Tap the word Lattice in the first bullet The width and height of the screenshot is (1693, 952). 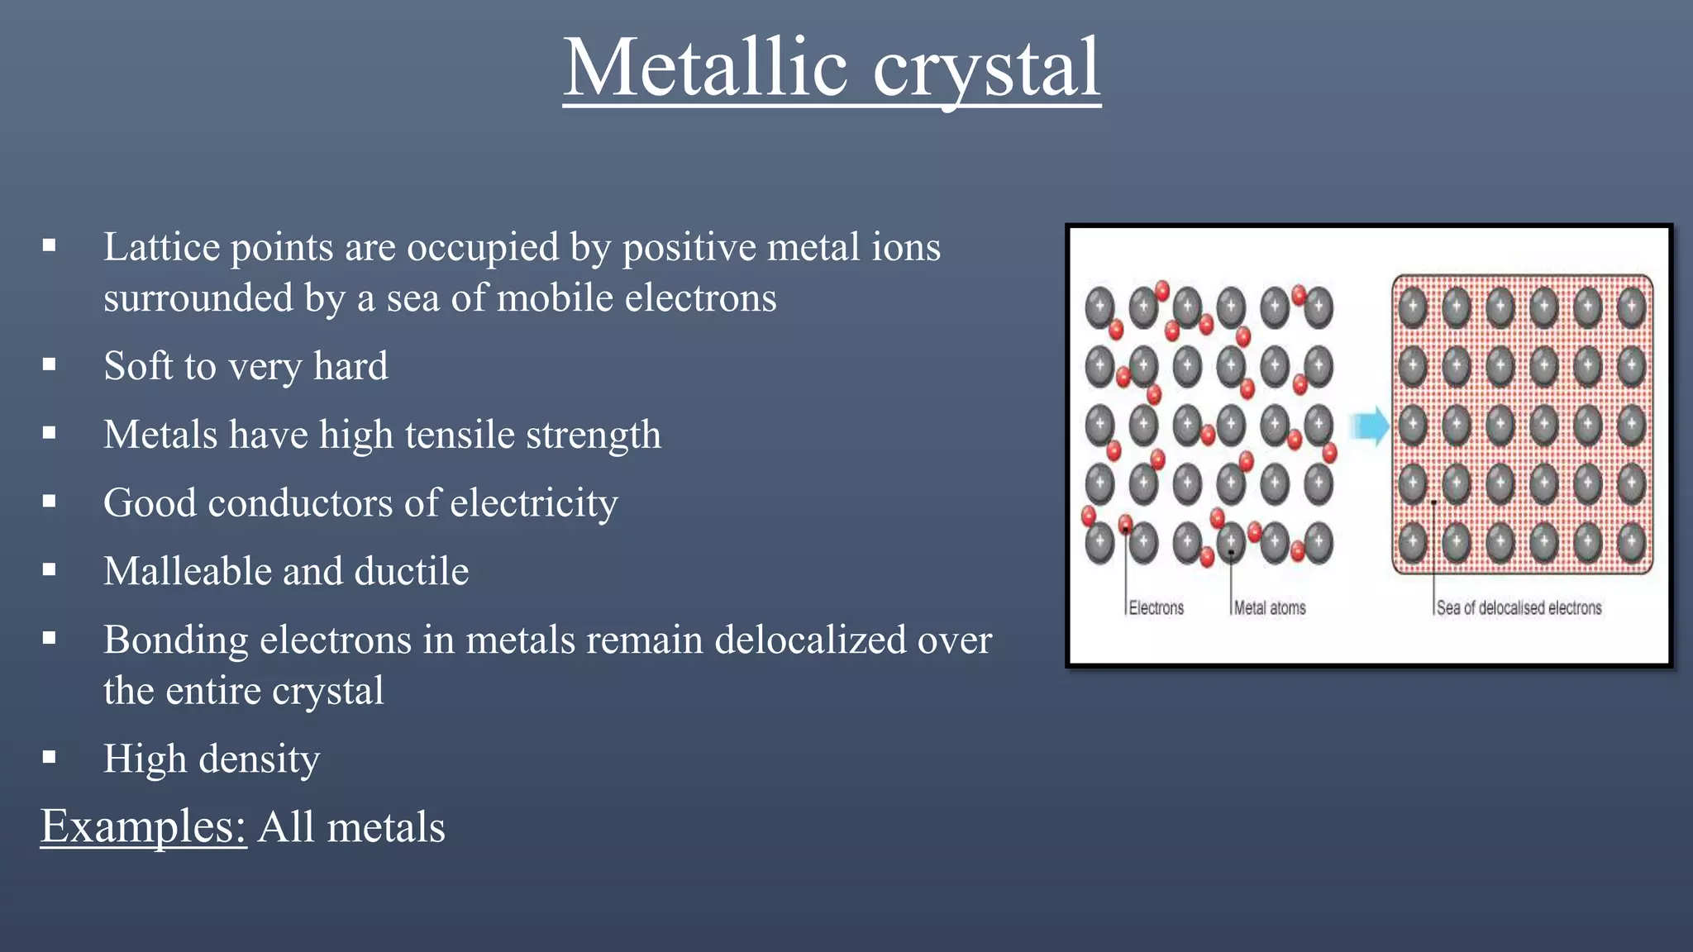[x=161, y=247]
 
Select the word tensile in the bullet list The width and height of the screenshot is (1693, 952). [x=466, y=435]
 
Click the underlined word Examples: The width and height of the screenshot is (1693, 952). [x=144, y=826]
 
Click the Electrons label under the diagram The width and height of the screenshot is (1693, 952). [x=1156, y=608]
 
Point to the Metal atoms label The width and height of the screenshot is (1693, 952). [x=1269, y=608]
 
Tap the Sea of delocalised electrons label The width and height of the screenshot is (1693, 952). [x=1519, y=608]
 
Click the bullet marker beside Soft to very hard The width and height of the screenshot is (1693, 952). [x=50, y=364]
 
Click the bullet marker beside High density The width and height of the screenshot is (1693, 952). [x=50, y=757]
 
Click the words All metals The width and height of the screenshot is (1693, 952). [x=351, y=827]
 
